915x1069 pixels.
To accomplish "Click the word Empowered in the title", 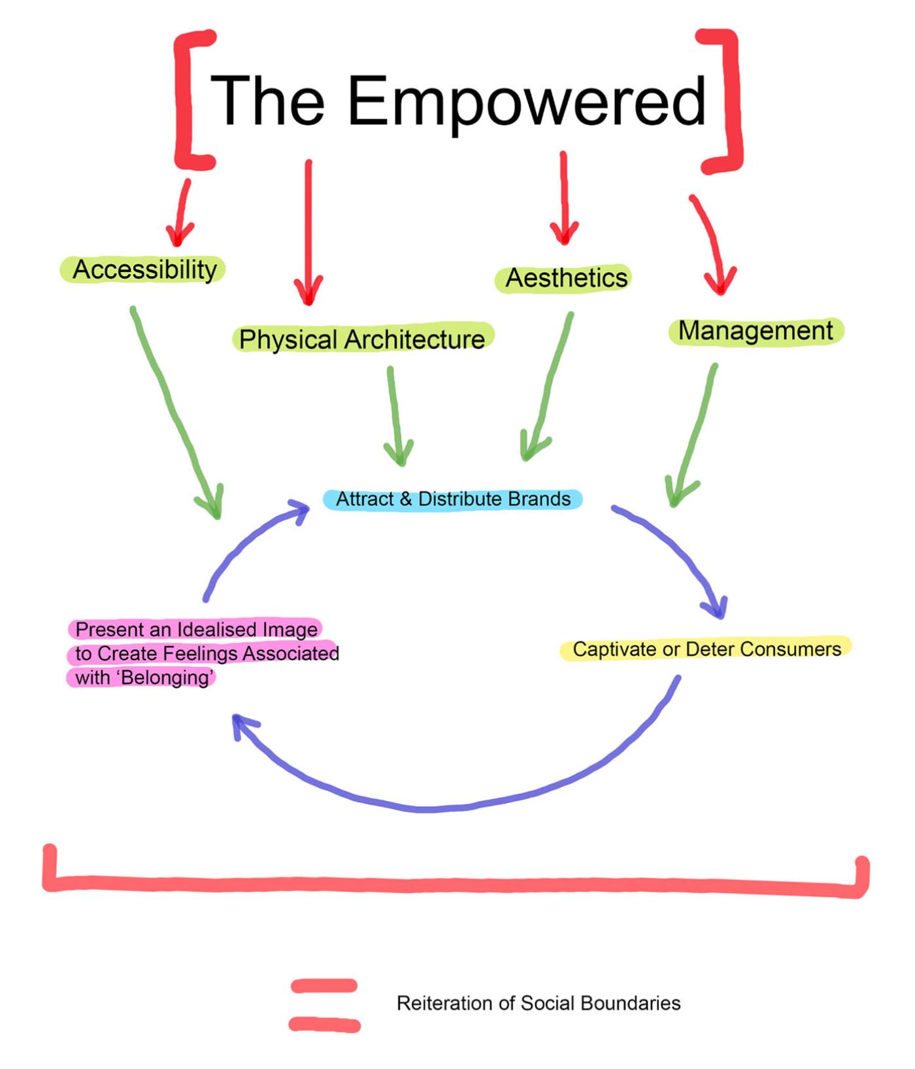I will click(x=527, y=101).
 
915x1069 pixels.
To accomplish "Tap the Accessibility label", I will click(x=144, y=269).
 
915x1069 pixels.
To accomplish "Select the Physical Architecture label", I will click(x=362, y=339).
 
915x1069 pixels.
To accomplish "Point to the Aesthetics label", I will click(x=566, y=278).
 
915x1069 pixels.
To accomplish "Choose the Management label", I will click(x=756, y=331).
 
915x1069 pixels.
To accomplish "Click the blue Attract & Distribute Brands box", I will click(x=452, y=499).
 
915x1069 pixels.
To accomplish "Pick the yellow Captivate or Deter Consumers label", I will click(x=707, y=649).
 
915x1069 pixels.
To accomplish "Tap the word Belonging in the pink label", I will click(x=167, y=677).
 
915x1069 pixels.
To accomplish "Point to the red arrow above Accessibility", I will click(x=181, y=212).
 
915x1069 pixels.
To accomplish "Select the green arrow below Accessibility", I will click(x=176, y=412).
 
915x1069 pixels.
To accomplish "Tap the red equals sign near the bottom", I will click(x=324, y=1005).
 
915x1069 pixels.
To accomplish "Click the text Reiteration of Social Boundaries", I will click(x=539, y=1004).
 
